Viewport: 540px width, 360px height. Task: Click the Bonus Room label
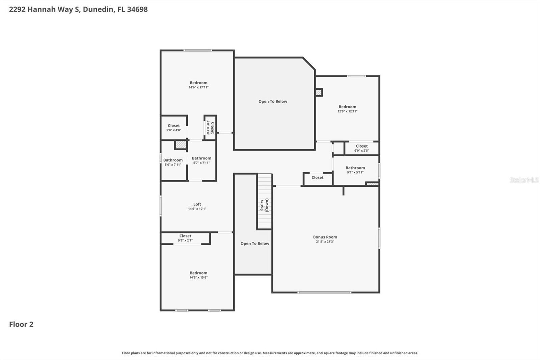[x=325, y=237]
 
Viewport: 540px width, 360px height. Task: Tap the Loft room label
[x=197, y=204]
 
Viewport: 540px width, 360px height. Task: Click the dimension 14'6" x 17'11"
[x=198, y=87]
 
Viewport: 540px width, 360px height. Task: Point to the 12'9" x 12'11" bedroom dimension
[x=347, y=111]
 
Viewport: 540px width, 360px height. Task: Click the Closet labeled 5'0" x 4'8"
[x=174, y=128]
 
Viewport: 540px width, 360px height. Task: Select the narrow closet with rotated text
[x=210, y=128]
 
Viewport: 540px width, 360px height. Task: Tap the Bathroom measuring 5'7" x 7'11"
[x=201, y=160]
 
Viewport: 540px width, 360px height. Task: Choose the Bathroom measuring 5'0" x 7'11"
[x=173, y=162]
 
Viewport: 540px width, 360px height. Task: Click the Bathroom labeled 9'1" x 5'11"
[x=355, y=170]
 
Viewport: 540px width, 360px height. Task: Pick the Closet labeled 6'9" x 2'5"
[x=361, y=148]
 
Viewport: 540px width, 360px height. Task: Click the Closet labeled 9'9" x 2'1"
[x=185, y=238]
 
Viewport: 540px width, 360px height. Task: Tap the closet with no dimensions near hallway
[x=317, y=178]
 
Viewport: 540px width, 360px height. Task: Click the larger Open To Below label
[x=273, y=101]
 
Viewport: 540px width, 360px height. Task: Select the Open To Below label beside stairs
[x=255, y=243]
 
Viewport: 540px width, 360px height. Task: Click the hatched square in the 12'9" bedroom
[x=319, y=92]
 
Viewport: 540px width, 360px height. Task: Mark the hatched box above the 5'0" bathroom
[x=181, y=145]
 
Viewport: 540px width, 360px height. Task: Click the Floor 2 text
[x=21, y=324]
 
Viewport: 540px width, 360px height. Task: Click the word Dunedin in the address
[x=98, y=9]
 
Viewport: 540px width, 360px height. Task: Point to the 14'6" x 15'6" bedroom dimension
[x=198, y=278]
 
